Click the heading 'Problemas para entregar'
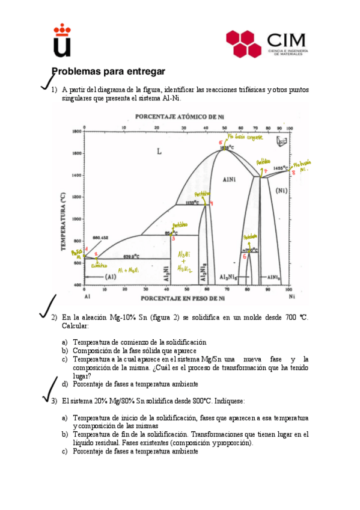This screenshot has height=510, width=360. click(108, 71)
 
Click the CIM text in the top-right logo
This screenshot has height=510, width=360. click(286, 40)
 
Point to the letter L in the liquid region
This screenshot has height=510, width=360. click(159, 152)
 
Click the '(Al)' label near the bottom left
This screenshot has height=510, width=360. click(111, 277)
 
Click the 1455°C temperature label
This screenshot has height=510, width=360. click(281, 168)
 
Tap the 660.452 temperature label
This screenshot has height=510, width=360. click(100, 238)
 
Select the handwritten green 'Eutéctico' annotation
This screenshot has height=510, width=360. click(99, 266)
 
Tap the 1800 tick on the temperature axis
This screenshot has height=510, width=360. click(76, 131)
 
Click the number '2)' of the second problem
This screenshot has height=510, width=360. click(53, 318)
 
